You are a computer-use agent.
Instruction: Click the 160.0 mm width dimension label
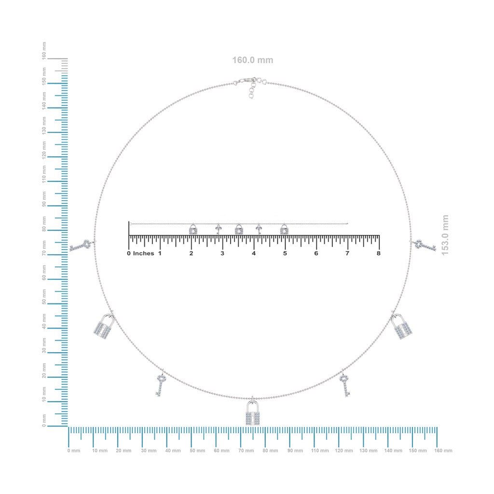pos(253,60)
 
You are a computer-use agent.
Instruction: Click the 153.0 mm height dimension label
pos(445,235)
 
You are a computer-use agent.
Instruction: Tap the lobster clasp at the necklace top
pos(246,81)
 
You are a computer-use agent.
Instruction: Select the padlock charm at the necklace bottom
pos(253,412)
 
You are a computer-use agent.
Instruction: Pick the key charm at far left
pos(82,245)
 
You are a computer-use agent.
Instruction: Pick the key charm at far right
pos(424,245)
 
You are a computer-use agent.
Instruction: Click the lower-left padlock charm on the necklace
pos(104,326)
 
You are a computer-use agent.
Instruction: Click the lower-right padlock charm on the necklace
pos(402,326)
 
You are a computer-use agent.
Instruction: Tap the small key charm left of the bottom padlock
pos(161,384)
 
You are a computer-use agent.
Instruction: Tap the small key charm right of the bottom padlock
pos(344,384)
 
